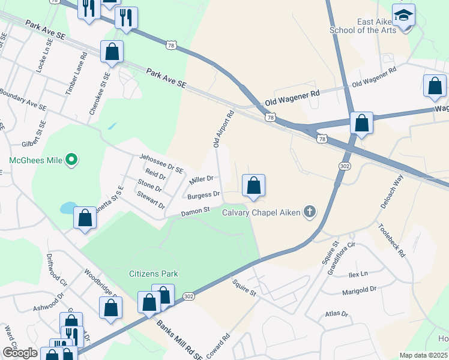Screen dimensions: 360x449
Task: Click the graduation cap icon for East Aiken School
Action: (x=404, y=14)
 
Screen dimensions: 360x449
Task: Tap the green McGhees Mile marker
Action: (x=71, y=160)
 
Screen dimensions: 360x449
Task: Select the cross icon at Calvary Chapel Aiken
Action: (x=309, y=211)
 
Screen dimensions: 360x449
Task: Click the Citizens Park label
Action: (x=154, y=274)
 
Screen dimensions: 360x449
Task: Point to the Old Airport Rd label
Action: (x=223, y=128)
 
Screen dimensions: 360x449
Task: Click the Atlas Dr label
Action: (x=336, y=313)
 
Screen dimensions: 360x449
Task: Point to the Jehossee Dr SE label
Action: (x=161, y=163)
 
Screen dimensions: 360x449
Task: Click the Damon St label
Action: (x=195, y=211)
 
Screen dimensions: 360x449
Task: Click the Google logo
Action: (x=20, y=353)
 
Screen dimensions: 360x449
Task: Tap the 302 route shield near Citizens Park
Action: (x=188, y=296)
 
